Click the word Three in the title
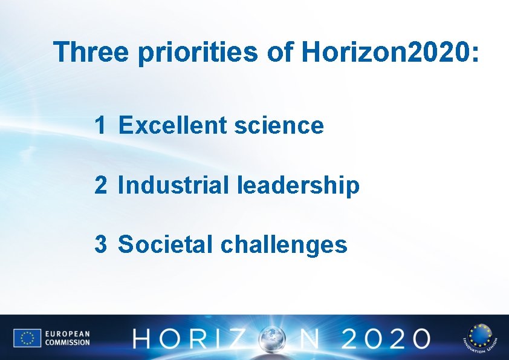[x=91, y=53]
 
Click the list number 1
[x=100, y=126]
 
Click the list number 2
[x=100, y=185]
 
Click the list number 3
[x=100, y=244]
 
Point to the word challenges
[x=284, y=245]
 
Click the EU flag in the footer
[x=27, y=338]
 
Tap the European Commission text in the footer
[x=67, y=338]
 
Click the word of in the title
[x=280, y=53]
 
